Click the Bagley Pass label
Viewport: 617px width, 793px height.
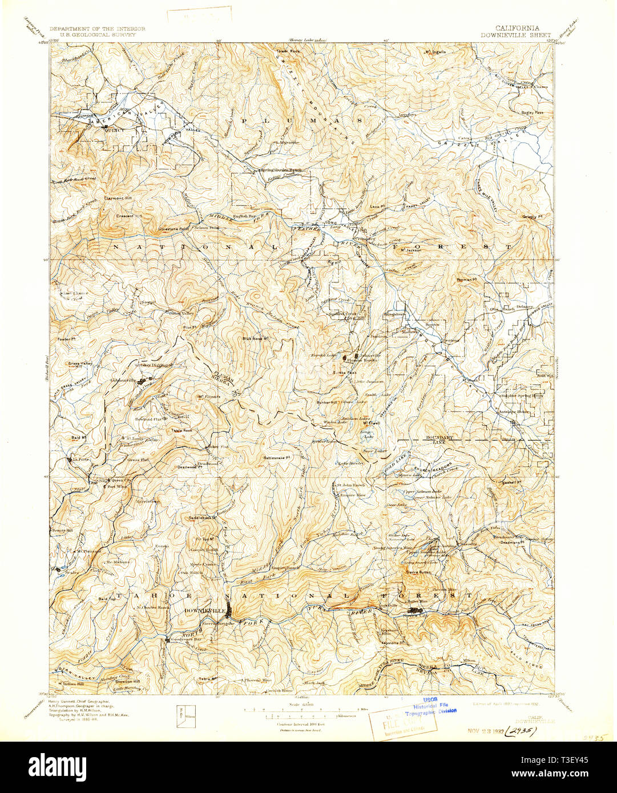tap(530, 112)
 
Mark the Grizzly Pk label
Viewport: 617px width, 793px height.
tap(531, 216)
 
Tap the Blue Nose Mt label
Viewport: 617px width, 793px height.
tap(255, 338)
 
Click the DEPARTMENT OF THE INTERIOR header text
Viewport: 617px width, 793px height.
tap(97, 29)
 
